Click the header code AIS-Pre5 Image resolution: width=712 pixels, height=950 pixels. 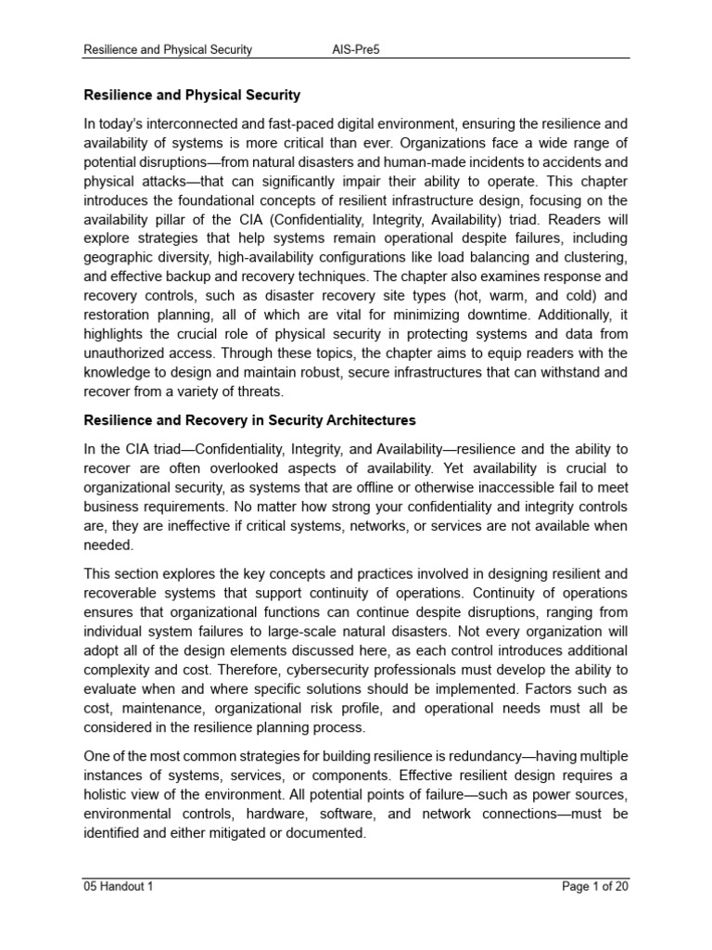pos(356,49)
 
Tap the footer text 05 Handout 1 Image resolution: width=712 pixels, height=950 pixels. pos(119,886)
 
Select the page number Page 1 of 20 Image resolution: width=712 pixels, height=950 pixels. pos(596,886)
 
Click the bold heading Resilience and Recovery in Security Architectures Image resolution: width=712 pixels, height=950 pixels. pos(250,420)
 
